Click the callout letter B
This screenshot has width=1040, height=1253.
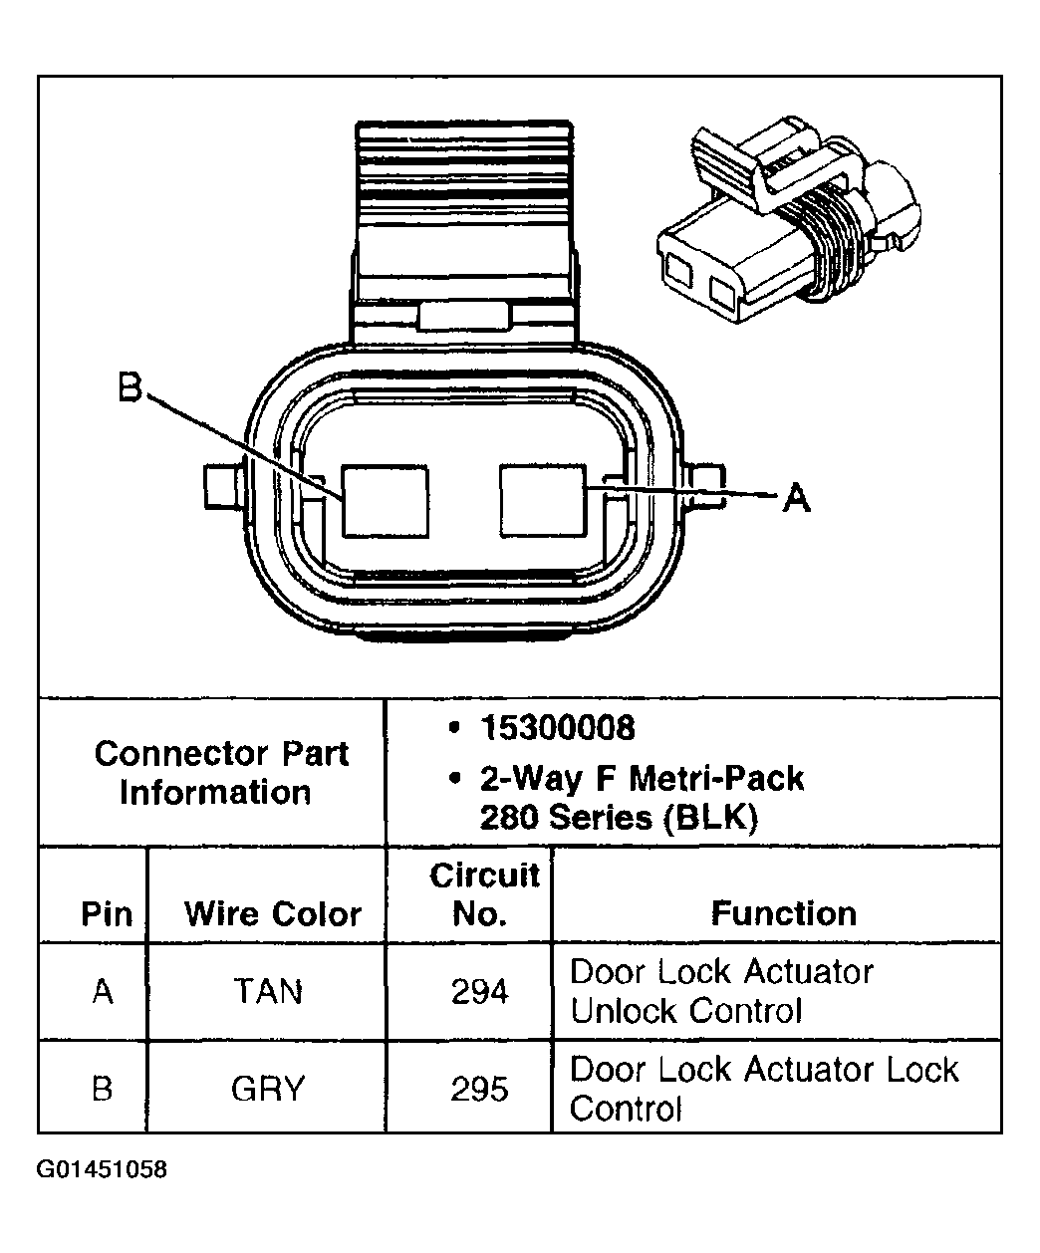pos(130,387)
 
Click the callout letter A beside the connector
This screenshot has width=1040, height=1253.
pos(796,496)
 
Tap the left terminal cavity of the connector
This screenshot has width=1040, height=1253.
pos(385,499)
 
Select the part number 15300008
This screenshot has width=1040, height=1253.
pos(556,728)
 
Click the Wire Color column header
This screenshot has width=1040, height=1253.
pos(272,913)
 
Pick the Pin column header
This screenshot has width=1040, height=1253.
pos(106,913)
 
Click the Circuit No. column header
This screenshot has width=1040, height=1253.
pos(483,894)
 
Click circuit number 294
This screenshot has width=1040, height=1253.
pos(479,992)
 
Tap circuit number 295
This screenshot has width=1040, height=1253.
pos(479,1089)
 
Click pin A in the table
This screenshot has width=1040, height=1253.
pos(103,992)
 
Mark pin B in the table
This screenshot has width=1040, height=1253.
pos(103,1089)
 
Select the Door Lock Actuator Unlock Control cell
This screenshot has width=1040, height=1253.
pos(721,991)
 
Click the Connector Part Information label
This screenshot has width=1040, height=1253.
pos(220,773)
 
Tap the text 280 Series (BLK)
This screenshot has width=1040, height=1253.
pos(619,818)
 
